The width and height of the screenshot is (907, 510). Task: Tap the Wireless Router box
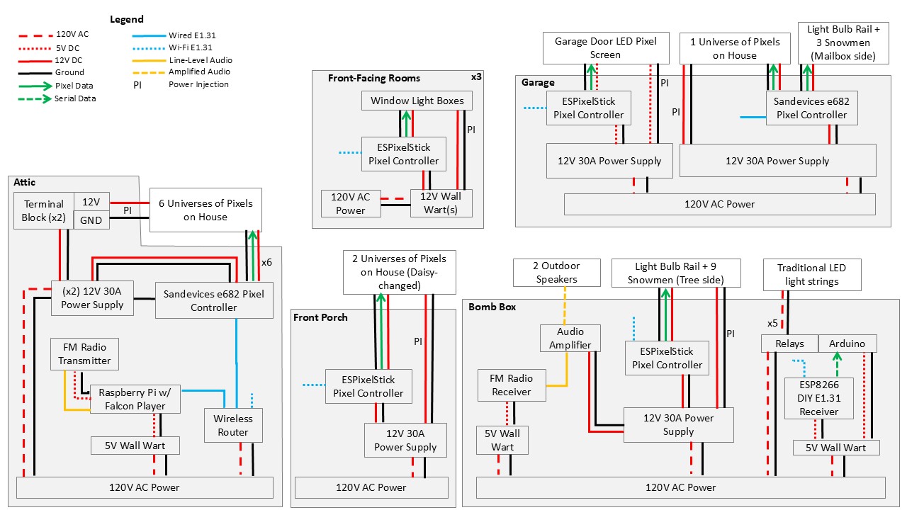tap(233, 425)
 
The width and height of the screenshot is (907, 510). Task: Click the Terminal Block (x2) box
tap(44, 210)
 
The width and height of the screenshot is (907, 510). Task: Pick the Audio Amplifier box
tap(570, 338)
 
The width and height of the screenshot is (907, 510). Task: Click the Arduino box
tap(847, 344)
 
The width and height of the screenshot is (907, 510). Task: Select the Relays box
tap(789, 344)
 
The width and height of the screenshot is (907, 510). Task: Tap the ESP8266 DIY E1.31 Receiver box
tap(818, 397)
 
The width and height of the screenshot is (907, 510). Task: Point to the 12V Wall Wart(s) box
tap(441, 203)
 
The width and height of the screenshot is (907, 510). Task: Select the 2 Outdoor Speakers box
tap(556, 273)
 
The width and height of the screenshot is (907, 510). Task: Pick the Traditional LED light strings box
tap(811, 274)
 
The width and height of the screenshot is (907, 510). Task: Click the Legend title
tap(127, 19)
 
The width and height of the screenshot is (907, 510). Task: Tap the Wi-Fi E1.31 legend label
tap(191, 47)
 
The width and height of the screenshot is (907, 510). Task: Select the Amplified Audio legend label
tap(199, 72)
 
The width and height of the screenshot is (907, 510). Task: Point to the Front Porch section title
tap(320, 317)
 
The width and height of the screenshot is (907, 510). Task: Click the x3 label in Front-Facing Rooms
tap(476, 76)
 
